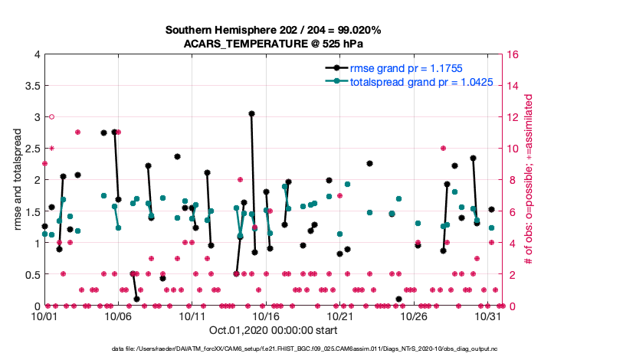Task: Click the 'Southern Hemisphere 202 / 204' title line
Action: pyautogui.click(x=273, y=30)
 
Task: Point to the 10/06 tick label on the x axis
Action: pyautogui.click(x=119, y=316)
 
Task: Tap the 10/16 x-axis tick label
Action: pyautogui.click(x=266, y=316)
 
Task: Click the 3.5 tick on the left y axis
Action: pyautogui.click(x=31, y=86)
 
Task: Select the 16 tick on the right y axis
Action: pyautogui.click(x=512, y=54)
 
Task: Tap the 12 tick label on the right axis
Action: pyautogui.click(x=512, y=117)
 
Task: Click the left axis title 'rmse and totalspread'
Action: pyautogui.click(x=16, y=180)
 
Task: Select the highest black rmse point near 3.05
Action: pyautogui.click(x=251, y=113)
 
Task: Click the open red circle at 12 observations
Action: pyautogui.click(x=51, y=116)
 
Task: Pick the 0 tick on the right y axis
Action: pyautogui.click(x=509, y=306)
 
